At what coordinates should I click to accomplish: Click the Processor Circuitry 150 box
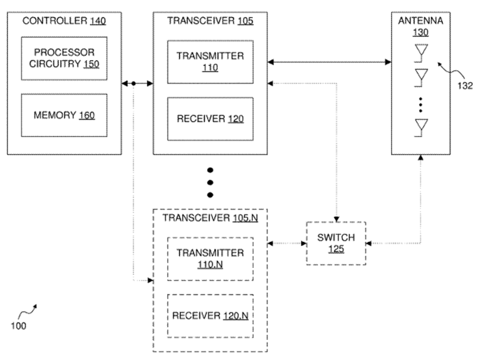pyautogui.click(x=64, y=58)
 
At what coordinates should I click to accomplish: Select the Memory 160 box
pyautogui.click(x=64, y=115)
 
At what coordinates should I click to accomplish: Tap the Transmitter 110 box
pyautogui.click(x=210, y=61)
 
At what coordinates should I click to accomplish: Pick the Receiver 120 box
pyautogui.click(x=210, y=119)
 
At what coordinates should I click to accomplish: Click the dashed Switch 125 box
pyautogui.click(x=335, y=243)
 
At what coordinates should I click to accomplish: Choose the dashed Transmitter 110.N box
pyautogui.click(x=210, y=258)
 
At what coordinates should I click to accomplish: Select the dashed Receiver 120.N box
pyautogui.click(x=210, y=315)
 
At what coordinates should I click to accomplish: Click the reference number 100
pyautogui.click(x=19, y=326)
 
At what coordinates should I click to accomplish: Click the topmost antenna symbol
pyautogui.click(x=421, y=51)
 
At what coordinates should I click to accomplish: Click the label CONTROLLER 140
pyautogui.click(x=64, y=21)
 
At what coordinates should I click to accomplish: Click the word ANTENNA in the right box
pyautogui.click(x=420, y=21)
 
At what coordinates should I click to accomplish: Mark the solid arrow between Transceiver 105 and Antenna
pyautogui.click(x=328, y=61)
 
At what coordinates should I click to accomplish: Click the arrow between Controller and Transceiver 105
pyautogui.click(x=138, y=83)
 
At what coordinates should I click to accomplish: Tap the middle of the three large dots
pyautogui.click(x=210, y=183)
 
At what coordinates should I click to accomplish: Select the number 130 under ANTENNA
pyautogui.click(x=420, y=33)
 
